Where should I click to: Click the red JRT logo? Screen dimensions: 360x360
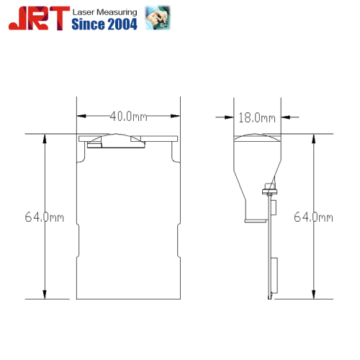tap(40, 18)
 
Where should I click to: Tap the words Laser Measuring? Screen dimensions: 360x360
tap(105, 12)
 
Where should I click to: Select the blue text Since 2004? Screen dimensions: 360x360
tap(104, 24)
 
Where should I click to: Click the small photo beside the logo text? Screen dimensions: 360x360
tap(158, 18)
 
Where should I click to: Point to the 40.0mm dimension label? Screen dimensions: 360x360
tap(128, 117)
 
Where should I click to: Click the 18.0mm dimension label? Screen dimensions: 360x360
tap(257, 118)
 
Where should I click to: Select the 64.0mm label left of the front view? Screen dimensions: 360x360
tap(45, 217)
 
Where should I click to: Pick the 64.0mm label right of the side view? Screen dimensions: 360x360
tap(313, 217)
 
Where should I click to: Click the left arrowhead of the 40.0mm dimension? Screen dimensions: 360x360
tap(81, 116)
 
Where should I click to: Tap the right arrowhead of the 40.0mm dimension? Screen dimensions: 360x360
tap(175, 116)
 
